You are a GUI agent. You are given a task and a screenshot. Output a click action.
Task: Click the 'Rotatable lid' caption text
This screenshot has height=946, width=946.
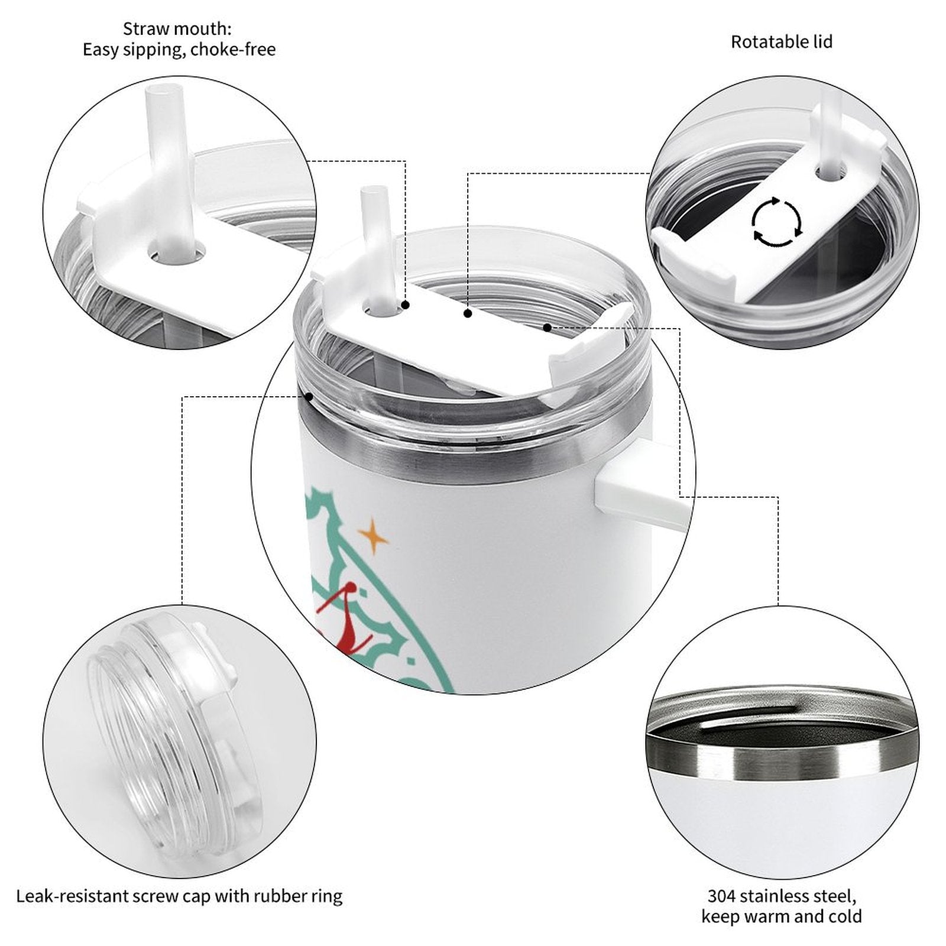click(781, 41)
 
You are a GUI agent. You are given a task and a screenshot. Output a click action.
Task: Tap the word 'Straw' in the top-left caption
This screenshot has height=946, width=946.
click(144, 28)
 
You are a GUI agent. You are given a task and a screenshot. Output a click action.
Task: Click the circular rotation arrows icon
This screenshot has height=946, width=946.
click(776, 222)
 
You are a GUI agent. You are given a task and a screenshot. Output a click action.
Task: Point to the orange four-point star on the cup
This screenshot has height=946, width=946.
click(373, 536)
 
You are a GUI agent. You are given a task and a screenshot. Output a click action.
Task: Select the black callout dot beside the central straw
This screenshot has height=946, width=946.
click(406, 305)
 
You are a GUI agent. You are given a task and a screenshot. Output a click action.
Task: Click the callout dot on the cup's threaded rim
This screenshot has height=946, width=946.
click(309, 397)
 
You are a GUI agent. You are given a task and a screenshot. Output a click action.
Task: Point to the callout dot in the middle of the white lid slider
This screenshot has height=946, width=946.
click(468, 313)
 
